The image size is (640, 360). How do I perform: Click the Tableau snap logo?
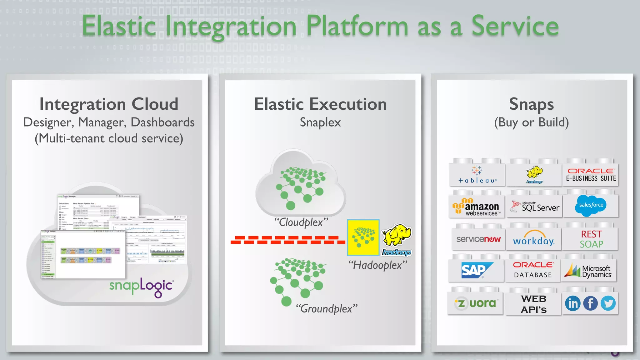coord(477,175)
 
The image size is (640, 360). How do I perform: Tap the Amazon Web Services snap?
coord(477,208)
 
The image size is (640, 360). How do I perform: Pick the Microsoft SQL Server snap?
coord(535,207)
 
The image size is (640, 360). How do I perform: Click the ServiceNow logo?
coord(478,239)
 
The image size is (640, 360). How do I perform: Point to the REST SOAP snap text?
coord(591,239)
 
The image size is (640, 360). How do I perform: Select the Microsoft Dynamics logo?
coord(588,271)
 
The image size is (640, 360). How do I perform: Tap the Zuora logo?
coord(476,303)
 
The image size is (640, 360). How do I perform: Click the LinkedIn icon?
coord(573,303)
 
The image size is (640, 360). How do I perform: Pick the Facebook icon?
coord(590,303)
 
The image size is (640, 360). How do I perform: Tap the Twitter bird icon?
coord(608,303)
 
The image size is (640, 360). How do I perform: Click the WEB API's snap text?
coord(534,304)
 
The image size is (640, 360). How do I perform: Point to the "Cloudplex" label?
coord(301,222)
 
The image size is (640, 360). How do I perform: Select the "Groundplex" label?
coord(326,309)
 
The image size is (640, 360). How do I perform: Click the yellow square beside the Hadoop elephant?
coord(363,237)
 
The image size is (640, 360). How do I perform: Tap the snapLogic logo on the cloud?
coord(141,287)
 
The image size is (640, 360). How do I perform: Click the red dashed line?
coord(287,240)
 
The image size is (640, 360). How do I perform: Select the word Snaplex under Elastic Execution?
coord(320,122)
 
